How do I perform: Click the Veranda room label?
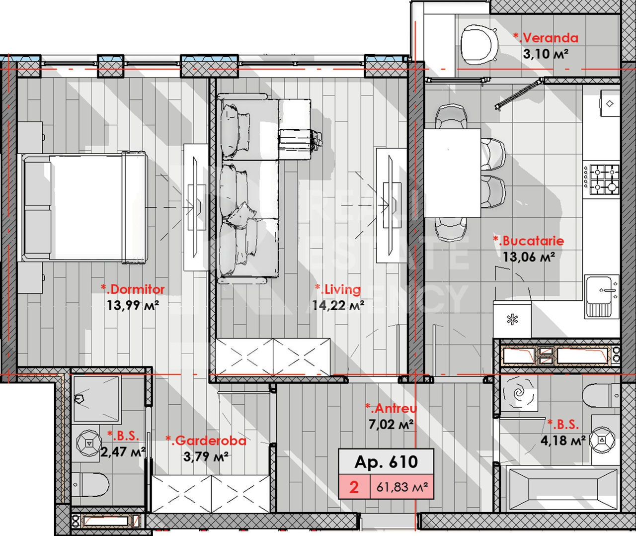(x=546, y=38)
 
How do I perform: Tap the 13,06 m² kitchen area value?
(x=529, y=257)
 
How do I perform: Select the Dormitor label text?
(x=133, y=289)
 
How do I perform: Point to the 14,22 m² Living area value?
(x=338, y=305)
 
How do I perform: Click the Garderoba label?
(x=206, y=440)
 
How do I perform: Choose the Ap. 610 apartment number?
(x=386, y=461)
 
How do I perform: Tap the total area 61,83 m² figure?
(x=402, y=487)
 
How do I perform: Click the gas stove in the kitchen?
(x=601, y=180)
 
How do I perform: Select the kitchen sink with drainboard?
(x=602, y=297)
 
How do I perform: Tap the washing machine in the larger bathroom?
(x=518, y=393)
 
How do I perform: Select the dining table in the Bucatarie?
(x=452, y=173)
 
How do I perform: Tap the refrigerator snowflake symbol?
(x=512, y=320)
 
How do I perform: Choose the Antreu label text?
(x=391, y=408)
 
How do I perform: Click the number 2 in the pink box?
(x=354, y=487)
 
